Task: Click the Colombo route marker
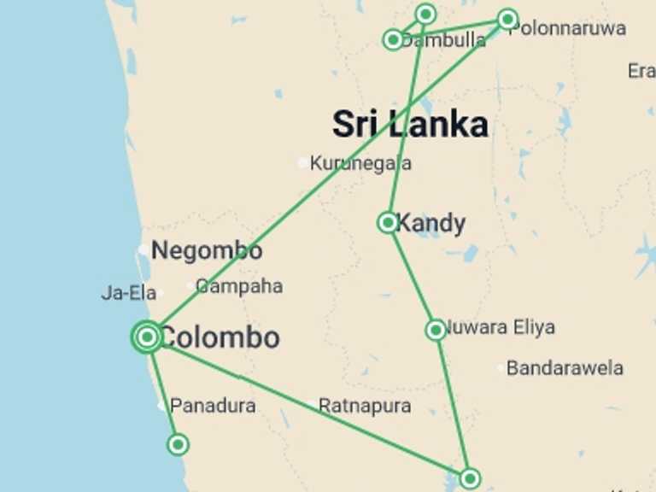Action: point(147,337)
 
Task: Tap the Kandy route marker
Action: point(388,223)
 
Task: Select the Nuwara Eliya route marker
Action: point(436,330)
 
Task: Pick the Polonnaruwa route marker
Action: point(507,19)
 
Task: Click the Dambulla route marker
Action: point(393,39)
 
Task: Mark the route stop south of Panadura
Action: point(178,444)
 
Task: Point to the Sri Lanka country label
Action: point(410,125)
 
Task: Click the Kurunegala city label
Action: point(360,162)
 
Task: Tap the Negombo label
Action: point(207,251)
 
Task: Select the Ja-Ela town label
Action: point(129,293)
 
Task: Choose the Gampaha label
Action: point(239,286)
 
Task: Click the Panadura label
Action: point(213,406)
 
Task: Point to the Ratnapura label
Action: point(365,406)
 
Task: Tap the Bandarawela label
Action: point(565,368)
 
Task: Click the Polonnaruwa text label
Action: point(567,28)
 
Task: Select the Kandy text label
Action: point(431,224)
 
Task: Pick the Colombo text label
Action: point(220,337)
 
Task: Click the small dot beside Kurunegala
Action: point(302,162)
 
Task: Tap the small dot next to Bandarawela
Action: point(501,368)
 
